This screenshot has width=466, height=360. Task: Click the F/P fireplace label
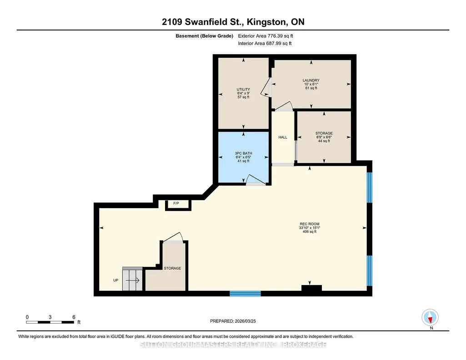tap(176, 204)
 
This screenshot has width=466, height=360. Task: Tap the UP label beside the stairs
tap(115, 280)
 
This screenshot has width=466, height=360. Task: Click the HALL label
tap(283, 137)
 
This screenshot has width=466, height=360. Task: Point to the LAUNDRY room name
tap(311, 80)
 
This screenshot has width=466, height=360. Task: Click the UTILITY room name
tap(243, 90)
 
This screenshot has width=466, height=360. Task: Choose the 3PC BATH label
tap(243, 153)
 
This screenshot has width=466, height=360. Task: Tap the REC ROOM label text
tap(310, 224)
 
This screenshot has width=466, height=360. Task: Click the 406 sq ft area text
tap(310, 232)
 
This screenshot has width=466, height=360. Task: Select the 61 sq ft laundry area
tap(311, 88)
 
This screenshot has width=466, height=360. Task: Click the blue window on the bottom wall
tap(245, 294)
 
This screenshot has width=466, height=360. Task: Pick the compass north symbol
tap(430, 318)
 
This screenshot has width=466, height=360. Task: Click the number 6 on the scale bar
tap(74, 317)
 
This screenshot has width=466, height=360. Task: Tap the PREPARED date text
tap(233, 321)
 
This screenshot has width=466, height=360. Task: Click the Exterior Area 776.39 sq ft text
tap(266, 36)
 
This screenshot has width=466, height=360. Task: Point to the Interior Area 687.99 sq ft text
tap(265, 43)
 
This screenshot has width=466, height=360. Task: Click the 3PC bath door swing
tap(255, 180)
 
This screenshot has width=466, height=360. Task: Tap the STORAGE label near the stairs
tap(172, 268)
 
